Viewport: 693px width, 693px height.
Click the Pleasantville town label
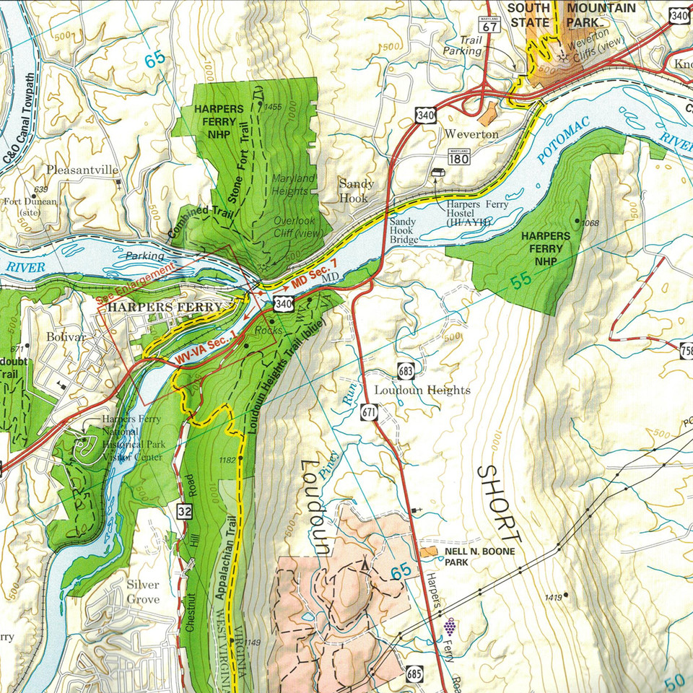point(82,170)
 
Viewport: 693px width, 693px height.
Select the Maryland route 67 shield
point(491,23)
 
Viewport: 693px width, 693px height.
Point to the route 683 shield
point(405,371)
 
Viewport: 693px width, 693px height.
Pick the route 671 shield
point(369,411)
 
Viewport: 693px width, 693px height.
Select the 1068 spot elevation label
point(590,223)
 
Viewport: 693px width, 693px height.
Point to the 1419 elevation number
point(554,598)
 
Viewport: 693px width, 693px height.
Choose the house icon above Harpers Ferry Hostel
point(437,173)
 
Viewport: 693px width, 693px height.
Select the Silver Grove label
point(143,592)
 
